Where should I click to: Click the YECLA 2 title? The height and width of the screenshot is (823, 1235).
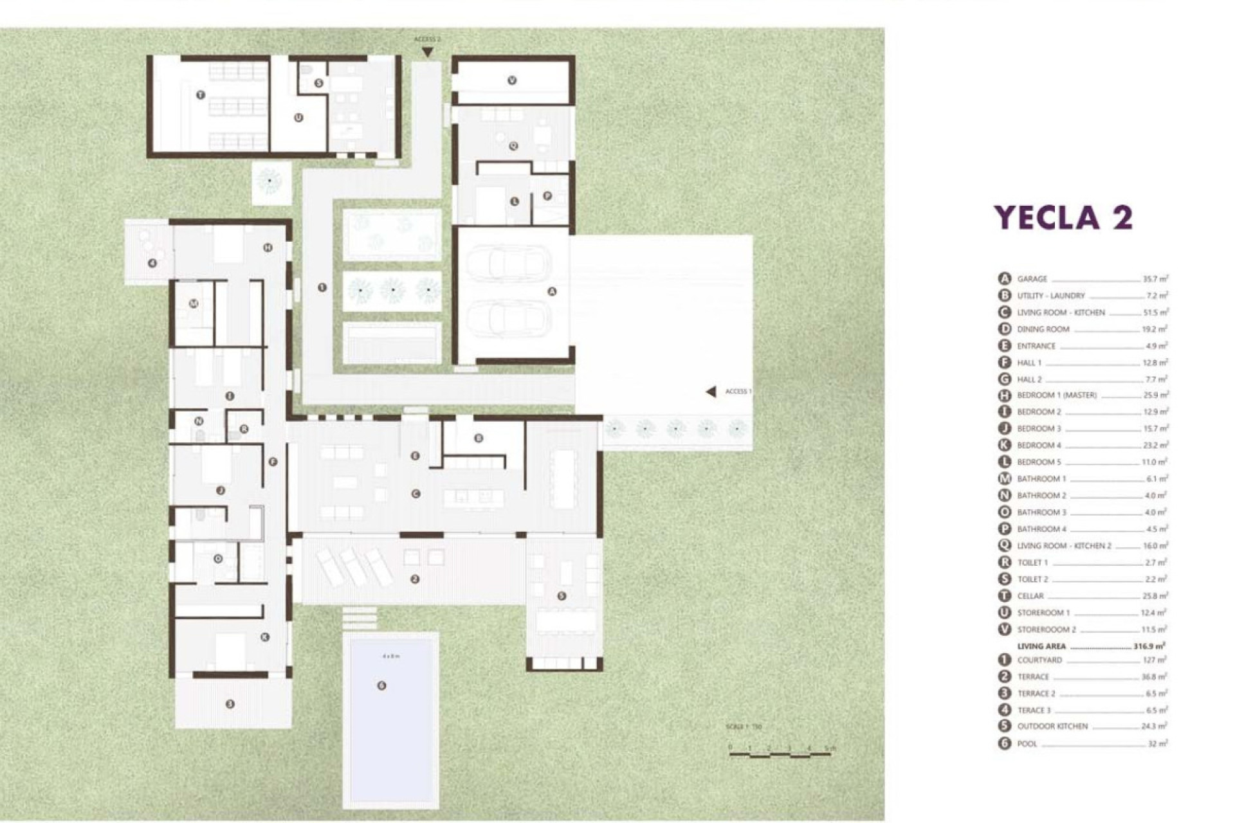coord(1063,217)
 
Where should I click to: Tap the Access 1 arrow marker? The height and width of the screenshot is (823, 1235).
coord(711,392)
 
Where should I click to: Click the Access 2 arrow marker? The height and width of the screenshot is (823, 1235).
coord(427,52)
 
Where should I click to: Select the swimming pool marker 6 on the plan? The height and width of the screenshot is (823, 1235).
coord(381,685)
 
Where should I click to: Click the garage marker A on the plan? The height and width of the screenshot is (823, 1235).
coord(551,291)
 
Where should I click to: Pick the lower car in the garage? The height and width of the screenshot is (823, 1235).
coord(509,318)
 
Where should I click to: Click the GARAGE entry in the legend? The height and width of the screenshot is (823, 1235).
coord(1032,279)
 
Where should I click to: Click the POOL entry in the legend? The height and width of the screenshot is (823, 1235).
coord(1027,744)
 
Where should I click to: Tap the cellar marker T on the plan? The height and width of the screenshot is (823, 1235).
coord(201,95)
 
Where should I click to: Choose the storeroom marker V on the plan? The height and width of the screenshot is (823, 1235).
coord(512,80)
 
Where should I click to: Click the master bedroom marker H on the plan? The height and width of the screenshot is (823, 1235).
coord(268,248)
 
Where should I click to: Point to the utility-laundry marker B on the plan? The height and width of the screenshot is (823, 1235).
coord(479,439)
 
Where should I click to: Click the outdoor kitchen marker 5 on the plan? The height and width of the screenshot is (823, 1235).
coord(562,596)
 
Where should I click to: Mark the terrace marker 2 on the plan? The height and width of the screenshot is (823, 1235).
coord(415,579)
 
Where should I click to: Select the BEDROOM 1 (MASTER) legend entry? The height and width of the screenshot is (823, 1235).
coord(1056,395)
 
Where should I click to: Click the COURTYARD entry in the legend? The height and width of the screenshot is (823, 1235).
coord(1039,660)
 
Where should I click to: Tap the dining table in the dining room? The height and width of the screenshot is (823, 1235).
coord(563,479)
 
